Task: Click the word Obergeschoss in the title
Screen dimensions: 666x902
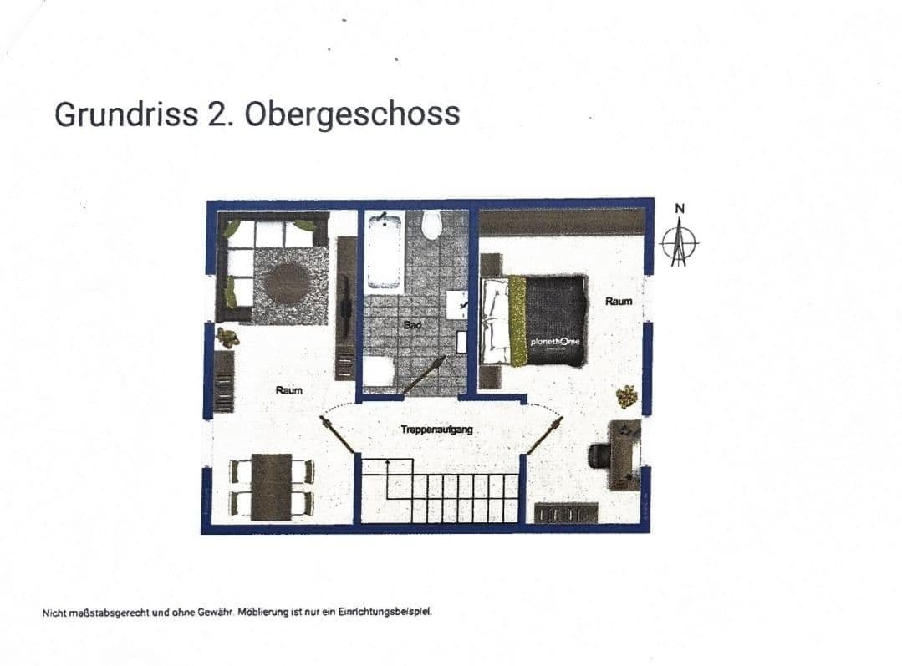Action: pyautogui.click(x=352, y=114)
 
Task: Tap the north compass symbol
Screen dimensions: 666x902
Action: pyautogui.click(x=679, y=242)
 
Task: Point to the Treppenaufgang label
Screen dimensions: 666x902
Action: pyautogui.click(x=436, y=430)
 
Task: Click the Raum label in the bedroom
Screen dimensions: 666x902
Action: pyautogui.click(x=619, y=301)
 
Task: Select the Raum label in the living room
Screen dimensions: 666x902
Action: pyautogui.click(x=289, y=390)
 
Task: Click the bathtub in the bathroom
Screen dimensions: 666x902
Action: pyautogui.click(x=385, y=249)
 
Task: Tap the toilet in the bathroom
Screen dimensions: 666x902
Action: pyautogui.click(x=432, y=224)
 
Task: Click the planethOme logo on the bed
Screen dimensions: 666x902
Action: pyautogui.click(x=555, y=343)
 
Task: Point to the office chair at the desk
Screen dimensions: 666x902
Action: pyautogui.click(x=602, y=455)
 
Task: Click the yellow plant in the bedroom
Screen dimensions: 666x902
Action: pyautogui.click(x=626, y=395)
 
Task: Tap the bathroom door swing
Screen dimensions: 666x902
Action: pyautogui.click(x=424, y=375)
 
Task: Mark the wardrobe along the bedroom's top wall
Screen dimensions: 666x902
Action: pyautogui.click(x=562, y=221)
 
